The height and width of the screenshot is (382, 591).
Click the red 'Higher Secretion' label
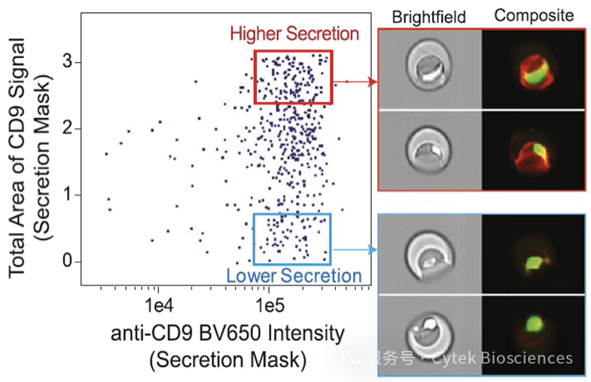(x=294, y=34)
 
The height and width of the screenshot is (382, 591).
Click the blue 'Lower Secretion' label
(x=294, y=276)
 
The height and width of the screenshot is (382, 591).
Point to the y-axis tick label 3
(x=68, y=61)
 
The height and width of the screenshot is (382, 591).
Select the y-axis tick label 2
(x=68, y=128)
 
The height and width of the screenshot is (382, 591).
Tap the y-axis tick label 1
(x=68, y=195)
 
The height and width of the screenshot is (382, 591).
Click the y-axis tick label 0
(x=68, y=261)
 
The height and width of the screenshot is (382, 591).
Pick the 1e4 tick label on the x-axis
(x=159, y=305)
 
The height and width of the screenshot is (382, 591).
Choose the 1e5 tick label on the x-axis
(x=270, y=305)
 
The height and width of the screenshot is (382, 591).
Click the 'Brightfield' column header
(x=428, y=18)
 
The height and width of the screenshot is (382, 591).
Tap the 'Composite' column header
(x=534, y=16)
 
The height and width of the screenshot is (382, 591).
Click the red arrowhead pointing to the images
(x=372, y=81)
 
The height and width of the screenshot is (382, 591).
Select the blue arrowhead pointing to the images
(x=372, y=250)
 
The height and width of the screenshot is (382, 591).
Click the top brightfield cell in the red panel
(x=430, y=69)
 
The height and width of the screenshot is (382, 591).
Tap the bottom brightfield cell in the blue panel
(x=430, y=335)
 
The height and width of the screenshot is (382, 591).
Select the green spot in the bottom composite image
(x=535, y=324)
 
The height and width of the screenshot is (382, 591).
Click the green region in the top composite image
(x=534, y=73)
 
